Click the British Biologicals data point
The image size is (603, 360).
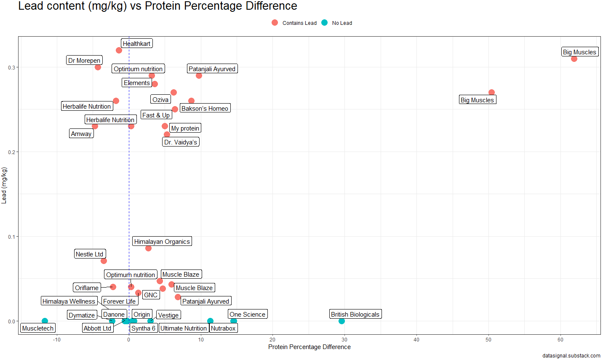(342, 321)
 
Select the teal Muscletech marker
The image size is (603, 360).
(45, 321)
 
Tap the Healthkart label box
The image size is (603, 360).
(136, 44)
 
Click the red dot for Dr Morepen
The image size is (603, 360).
(98, 67)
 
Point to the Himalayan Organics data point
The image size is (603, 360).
(148, 248)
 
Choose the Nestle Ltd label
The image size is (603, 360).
(89, 254)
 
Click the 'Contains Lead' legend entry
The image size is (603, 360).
(294, 23)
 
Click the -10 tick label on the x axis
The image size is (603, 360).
(56, 340)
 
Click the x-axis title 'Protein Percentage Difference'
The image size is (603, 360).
(309, 347)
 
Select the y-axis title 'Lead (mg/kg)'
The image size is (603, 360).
(4, 185)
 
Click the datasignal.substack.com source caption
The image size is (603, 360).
(571, 356)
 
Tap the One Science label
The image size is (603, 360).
(248, 315)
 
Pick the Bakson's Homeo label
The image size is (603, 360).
(205, 109)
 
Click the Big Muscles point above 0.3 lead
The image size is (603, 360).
(574, 59)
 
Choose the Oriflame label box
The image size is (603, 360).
(87, 288)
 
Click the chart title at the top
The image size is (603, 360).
(157, 6)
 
